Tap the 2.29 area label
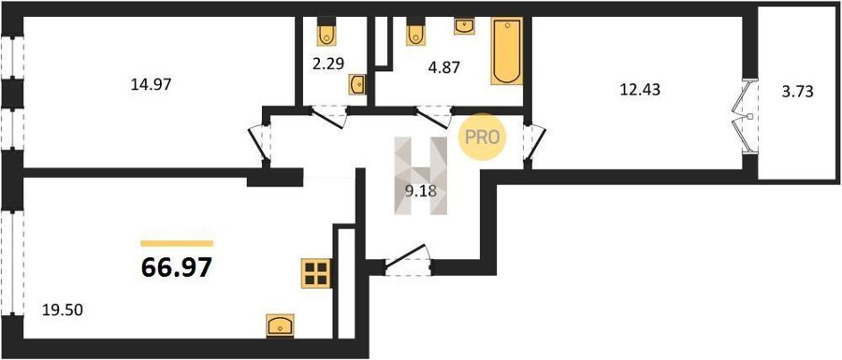[x=327, y=64]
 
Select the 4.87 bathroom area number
[x=444, y=68]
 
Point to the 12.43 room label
[x=640, y=90]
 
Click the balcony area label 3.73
[x=798, y=92]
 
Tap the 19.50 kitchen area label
[x=64, y=310]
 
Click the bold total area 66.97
[x=176, y=267]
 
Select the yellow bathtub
[x=507, y=51]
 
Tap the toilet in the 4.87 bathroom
[x=415, y=32]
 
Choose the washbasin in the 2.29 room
[x=357, y=85]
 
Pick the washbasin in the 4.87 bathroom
[x=464, y=26]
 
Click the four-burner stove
[x=316, y=273]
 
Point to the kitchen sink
[x=281, y=325]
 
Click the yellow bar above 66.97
[x=177, y=243]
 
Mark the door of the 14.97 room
[x=260, y=142]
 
